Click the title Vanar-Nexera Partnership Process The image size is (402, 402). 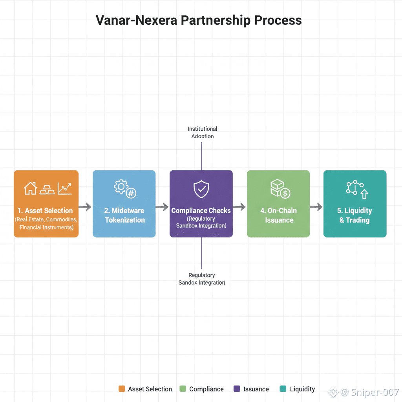click(x=199, y=20)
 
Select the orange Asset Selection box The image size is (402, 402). click(x=46, y=204)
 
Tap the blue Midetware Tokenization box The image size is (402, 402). click(x=124, y=204)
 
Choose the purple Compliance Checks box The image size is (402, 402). click(x=201, y=204)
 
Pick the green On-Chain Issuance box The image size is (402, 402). click(x=278, y=204)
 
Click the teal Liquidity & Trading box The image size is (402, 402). click(x=355, y=204)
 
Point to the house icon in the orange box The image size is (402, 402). click(x=30, y=188)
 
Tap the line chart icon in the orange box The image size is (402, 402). click(x=64, y=188)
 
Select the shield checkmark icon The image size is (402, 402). click(x=201, y=189)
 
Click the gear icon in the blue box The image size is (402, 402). click(x=120, y=186)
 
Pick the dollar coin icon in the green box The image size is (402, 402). click(x=285, y=193)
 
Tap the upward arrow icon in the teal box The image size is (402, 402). click(x=364, y=193)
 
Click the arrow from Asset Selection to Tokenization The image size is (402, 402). click(x=85, y=206)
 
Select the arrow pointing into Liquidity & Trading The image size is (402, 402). click(x=316, y=206)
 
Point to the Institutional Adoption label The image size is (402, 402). click(x=202, y=132)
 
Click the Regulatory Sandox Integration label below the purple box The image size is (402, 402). click(x=202, y=279)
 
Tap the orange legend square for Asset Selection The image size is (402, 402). click(x=122, y=389)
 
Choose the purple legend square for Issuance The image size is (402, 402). click(x=237, y=389)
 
